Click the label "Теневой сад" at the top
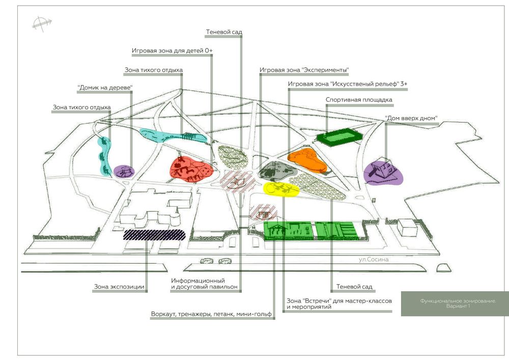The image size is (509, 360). point(224,32)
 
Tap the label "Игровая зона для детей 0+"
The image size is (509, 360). point(172,51)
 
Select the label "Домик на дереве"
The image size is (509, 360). point(105,88)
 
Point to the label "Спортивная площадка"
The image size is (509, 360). point(359,100)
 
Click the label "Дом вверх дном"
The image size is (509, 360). point(411,118)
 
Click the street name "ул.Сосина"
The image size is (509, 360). point(374,260)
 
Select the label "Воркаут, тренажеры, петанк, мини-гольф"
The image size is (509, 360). point(211,314)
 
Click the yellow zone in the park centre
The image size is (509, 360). point(281,188)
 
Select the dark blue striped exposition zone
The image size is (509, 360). point(154,234)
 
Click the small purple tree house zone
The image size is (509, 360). point(123,171)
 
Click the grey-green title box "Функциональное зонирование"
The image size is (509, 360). point(455,303)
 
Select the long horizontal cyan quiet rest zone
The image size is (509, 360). point(171,136)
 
